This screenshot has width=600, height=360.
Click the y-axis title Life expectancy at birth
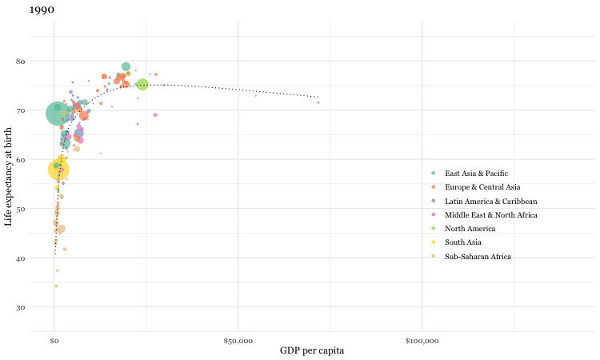pos(9,183)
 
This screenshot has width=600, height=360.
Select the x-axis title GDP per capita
pos(312,350)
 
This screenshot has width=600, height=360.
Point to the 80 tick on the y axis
pos(42,61)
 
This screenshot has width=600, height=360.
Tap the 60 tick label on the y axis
pos(42,160)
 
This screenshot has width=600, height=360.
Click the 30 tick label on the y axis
pos(42,307)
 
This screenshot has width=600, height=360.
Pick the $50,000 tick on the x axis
pos(238,341)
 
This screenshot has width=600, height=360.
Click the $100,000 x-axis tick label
pos(422,341)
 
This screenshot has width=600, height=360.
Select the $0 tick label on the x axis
pos(54,341)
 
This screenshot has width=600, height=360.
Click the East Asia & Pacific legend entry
pos(476,174)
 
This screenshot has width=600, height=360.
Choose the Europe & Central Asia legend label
pos(482,187)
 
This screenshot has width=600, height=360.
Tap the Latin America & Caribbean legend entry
pos(490,201)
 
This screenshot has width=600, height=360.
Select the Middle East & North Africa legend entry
pos(491,215)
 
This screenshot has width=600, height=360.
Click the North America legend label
pos(470,229)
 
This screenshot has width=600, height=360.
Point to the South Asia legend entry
pos(465,242)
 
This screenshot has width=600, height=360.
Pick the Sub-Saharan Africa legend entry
pos(478,257)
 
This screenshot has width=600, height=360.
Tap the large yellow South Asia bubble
pos(58,170)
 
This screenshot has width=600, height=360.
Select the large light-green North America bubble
pos(142,84)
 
